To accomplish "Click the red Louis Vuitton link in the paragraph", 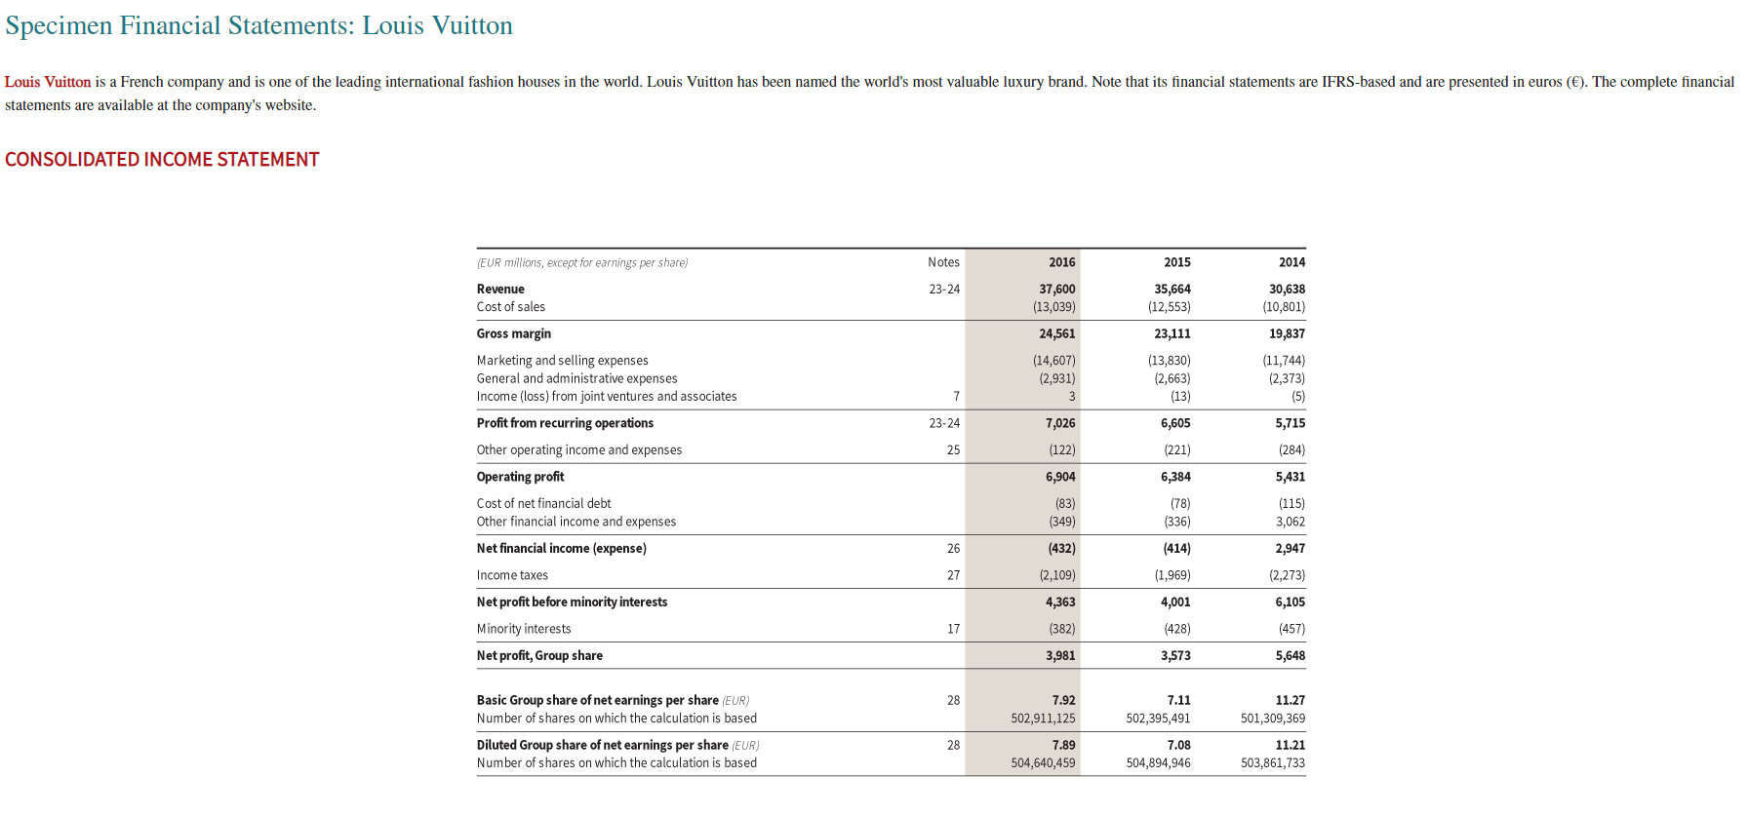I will click(48, 82).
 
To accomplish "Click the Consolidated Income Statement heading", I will click(162, 160).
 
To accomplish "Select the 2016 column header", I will click(1061, 262).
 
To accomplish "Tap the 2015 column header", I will click(1176, 262).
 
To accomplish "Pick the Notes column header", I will click(943, 262).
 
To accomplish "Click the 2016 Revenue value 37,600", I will click(1056, 290).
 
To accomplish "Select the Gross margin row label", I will click(514, 334).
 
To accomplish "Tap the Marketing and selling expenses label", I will click(562, 361).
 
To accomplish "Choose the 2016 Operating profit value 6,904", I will click(1060, 477).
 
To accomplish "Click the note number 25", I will click(953, 450).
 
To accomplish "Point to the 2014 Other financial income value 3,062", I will click(1290, 522).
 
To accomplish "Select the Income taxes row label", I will click(512, 575).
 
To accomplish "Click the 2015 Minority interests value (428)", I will click(1176, 629).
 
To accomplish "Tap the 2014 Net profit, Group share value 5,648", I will click(1290, 656).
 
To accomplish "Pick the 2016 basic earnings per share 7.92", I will click(1063, 701).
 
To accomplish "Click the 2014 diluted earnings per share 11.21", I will click(1290, 746).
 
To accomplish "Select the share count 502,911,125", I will click(1043, 719).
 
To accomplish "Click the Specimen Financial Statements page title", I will click(258, 25).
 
